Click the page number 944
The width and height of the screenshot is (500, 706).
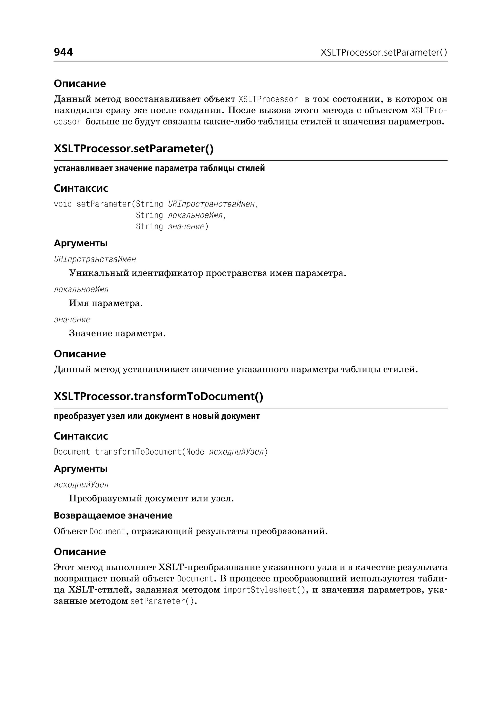click(63, 52)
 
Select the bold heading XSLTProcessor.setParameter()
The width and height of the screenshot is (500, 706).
click(134, 149)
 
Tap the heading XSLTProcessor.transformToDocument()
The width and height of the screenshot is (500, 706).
click(158, 396)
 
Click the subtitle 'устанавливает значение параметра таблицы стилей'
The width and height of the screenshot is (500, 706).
click(159, 169)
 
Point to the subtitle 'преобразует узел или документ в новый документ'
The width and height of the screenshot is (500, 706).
click(157, 416)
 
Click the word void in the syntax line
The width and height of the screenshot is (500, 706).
click(63, 204)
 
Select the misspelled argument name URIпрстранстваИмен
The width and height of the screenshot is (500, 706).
click(95, 260)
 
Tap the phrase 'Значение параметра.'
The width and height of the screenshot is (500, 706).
click(117, 333)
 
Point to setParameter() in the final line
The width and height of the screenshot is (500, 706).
click(163, 601)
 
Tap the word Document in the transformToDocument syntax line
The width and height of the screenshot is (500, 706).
click(72, 452)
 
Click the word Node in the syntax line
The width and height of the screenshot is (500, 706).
click(195, 452)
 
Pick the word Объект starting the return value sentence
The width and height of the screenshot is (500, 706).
click(70, 531)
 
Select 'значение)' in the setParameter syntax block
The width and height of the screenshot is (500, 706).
click(188, 227)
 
